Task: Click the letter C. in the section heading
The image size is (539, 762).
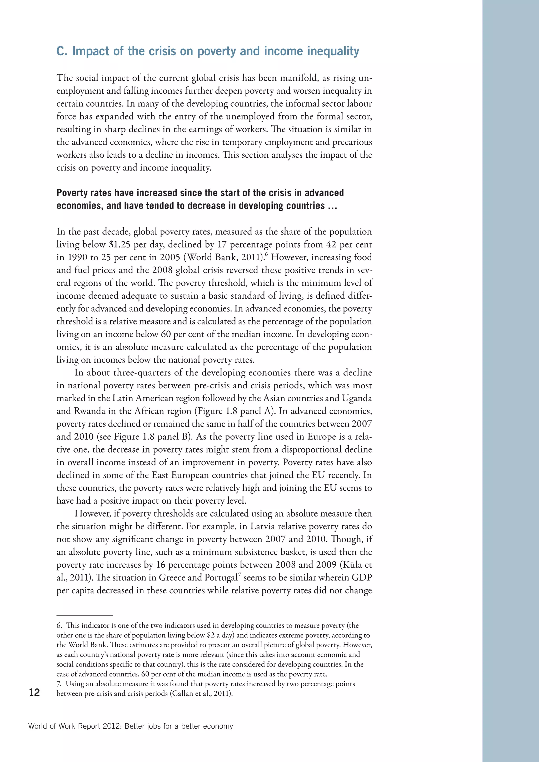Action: click(62, 52)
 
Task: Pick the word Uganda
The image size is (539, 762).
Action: click(357, 398)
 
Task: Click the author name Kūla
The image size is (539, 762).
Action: click(352, 565)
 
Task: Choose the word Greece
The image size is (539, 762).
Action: click(172, 578)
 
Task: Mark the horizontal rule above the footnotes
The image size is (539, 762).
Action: click(85, 615)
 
